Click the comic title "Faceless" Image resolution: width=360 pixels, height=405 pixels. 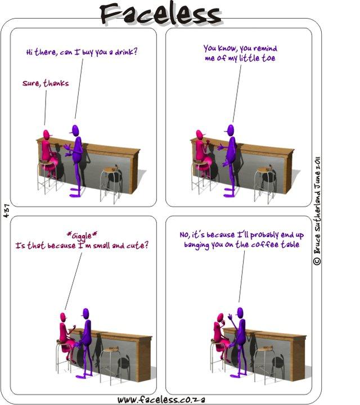[x=160, y=13]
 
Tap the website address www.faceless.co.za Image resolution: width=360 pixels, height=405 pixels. [x=161, y=399]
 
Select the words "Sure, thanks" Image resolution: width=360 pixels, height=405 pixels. [x=46, y=83]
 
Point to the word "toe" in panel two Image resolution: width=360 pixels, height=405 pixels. [x=268, y=58]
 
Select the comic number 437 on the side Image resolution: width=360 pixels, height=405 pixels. [x=6, y=210]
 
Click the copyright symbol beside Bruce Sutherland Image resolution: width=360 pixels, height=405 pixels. [x=317, y=261]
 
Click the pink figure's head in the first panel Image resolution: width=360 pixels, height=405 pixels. [x=47, y=135]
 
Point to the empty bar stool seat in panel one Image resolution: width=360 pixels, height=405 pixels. [x=110, y=170]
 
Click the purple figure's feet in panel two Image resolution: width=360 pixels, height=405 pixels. [x=229, y=192]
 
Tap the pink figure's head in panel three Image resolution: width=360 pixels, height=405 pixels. [x=63, y=317]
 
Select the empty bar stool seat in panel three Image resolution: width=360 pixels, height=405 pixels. [x=111, y=350]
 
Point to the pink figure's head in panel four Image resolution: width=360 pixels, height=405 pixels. [x=220, y=318]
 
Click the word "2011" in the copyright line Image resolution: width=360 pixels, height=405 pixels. [x=317, y=163]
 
